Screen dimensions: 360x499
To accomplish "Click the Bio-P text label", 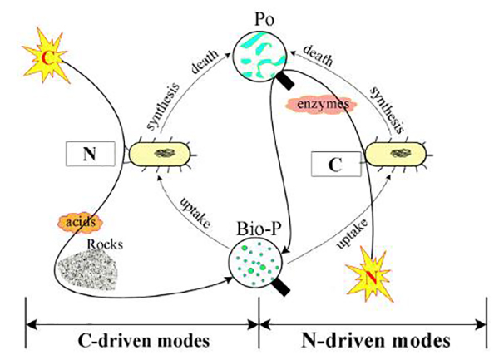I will pos(256,226).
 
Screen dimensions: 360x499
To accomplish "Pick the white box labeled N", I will pos(91,153).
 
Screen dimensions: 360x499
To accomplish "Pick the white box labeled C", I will pos(334,162).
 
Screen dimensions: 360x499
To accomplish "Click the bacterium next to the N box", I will pos(161,154).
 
